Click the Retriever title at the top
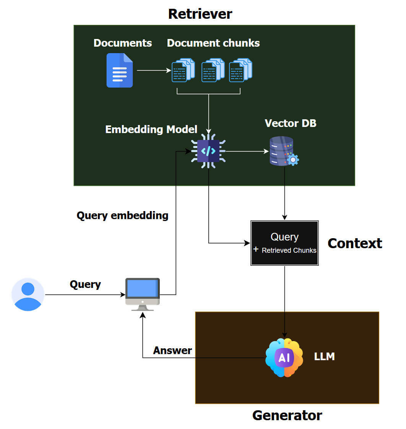coord(200,14)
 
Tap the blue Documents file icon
coord(119,70)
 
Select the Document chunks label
coord(213,43)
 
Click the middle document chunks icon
coord(213,70)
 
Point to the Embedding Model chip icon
coord(208,151)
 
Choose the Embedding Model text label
coord(151,129)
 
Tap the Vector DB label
coord(291,123)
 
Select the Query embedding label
coord(122,216)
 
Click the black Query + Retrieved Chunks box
coord(284,243)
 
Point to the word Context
coord(354,243)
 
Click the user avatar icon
coord(28,294)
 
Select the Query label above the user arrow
coord(85,284)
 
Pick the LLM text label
coord(324,357)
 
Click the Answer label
coord(172,350)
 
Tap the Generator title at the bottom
coord(287,415)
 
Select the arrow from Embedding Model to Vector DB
coord(247,151)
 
